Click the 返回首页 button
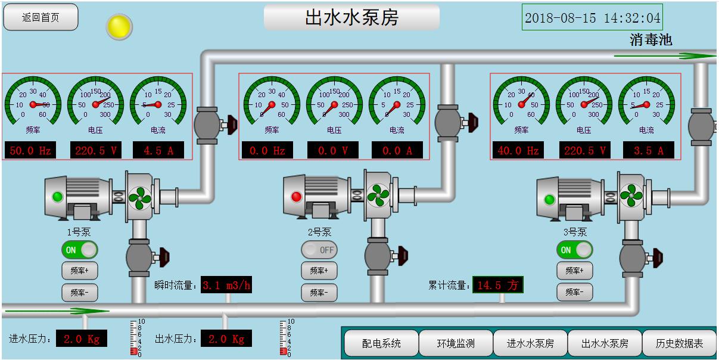(x=41, y=17)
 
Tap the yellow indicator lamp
(x=119, y=27)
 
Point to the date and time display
(x=592, y=17)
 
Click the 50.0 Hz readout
(x=30, y=150)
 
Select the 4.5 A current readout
(x=158, y=150)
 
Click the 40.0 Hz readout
(x=518, y=150)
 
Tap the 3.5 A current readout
(x=648, y=150)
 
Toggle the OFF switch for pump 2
(x=319, y=250)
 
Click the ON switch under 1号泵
(x=80, y=250)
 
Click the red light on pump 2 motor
(x=296, y=197)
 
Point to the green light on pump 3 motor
(x=549, y=200)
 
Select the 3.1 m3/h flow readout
(x=226, y=285)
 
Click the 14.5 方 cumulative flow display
(x=498, y=285)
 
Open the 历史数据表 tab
(x=679, y=343)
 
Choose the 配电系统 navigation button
(x=381, y=343)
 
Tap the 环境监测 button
(x=456, y=343)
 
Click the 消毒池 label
(x=650, y=40)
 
